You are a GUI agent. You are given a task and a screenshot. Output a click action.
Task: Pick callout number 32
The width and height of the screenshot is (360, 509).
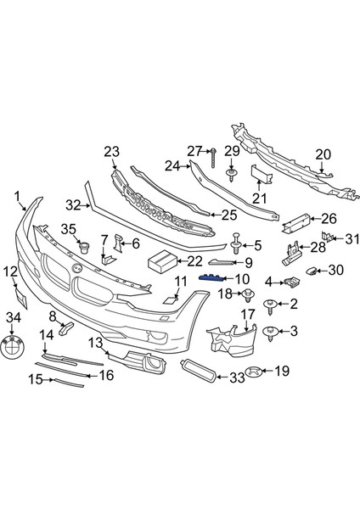tap(73, 204)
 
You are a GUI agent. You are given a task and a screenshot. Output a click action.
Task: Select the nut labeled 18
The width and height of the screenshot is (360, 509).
tap(249, 295)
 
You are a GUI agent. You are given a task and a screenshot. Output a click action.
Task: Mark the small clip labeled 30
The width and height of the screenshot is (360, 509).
tap(312, 271)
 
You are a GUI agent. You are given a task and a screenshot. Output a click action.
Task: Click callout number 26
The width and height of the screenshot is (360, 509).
tap(329, 218)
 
